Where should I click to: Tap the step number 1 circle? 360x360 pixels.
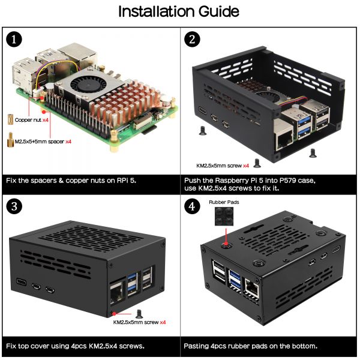(14, 40)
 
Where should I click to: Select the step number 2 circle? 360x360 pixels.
(192, 40)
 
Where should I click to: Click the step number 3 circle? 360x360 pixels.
(14, 207)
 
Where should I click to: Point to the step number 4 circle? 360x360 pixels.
(192, 207)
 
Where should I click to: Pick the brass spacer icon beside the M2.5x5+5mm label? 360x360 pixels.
(10, 139)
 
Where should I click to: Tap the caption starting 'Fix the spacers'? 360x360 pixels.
(73, 179)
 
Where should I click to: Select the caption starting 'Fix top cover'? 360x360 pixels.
(75, 346)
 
